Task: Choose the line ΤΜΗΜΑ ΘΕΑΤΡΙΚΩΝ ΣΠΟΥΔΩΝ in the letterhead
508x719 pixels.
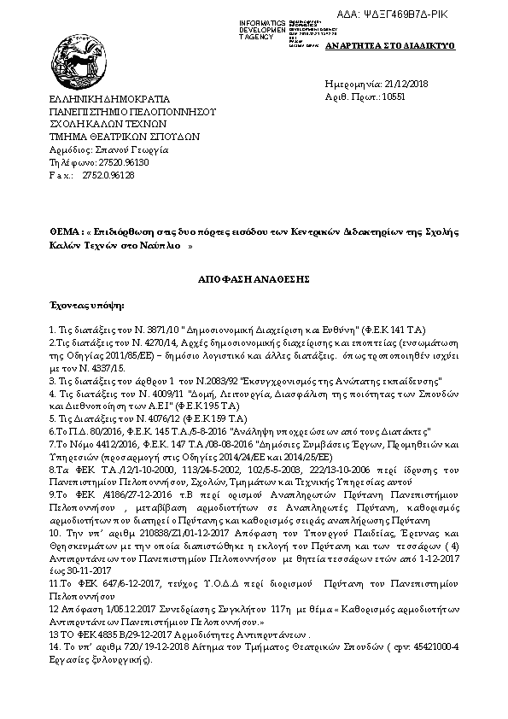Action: (x=124, y=136)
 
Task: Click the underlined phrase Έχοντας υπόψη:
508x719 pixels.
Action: (x=86, y=303)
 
